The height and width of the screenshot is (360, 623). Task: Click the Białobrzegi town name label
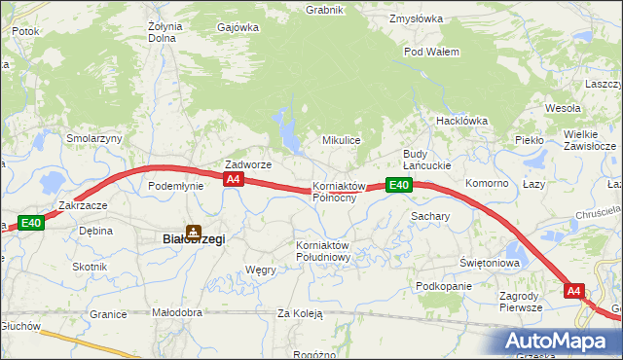[x=193, y=239]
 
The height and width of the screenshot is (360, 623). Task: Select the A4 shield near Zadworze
[x=233, y=180]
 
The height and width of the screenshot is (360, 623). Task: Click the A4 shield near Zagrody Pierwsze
[x=573, y=290]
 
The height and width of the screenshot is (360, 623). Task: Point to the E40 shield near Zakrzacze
[x=31, y=223]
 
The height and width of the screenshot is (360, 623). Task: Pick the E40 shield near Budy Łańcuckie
[x=397, y=185]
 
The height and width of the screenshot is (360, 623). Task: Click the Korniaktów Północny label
[x=338, y=191]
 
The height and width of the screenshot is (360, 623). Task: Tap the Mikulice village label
[x=342, y=140]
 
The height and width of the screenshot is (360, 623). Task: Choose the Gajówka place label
[x=239, y=27]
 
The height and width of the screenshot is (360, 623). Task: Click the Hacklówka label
[x=461, y=121]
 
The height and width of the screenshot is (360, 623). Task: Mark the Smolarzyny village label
[x=93, y=138]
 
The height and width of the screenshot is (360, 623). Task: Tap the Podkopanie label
[x=443, y=286]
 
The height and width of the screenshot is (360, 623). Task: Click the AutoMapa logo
[x=560, y=341]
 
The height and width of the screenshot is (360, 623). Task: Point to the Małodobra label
[x=177, y=313]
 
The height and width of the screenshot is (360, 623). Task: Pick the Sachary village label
[x=429, y=216]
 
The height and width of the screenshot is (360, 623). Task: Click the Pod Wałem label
[x=431, y=52]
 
